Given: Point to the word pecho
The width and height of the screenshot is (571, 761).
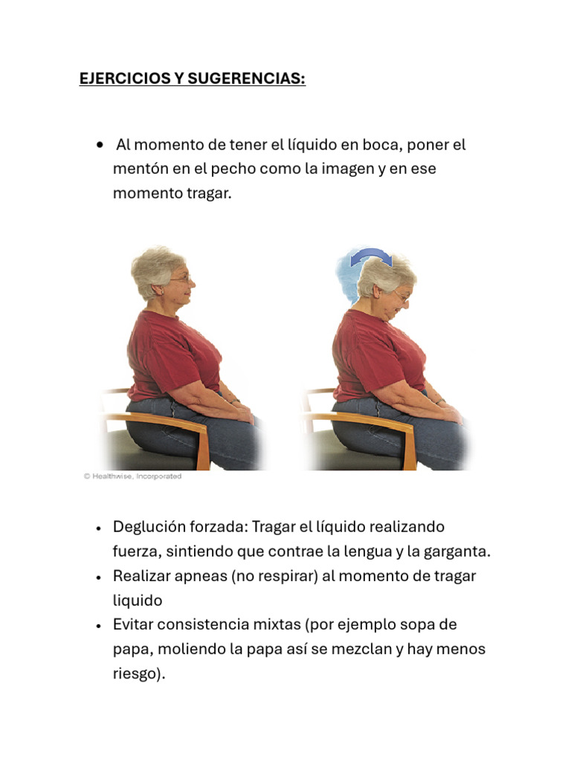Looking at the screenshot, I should [242, 169].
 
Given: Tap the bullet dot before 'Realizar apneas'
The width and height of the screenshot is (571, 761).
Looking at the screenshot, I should [99, 577].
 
